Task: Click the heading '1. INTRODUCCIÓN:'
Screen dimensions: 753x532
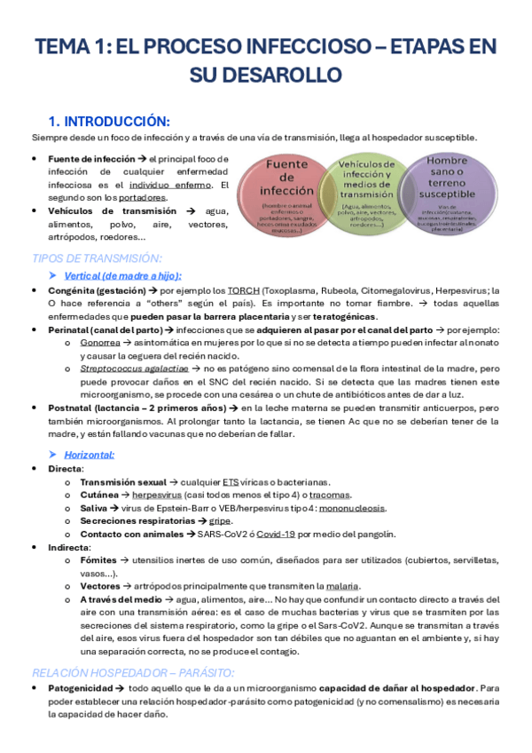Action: coord(109,121)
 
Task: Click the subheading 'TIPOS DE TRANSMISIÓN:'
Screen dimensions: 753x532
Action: coord(97,258)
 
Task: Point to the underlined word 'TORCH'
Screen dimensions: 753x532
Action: coord(239,290)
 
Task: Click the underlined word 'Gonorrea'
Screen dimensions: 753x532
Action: coord(100,341)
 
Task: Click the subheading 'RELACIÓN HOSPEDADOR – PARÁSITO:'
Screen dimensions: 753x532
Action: coord(132,673)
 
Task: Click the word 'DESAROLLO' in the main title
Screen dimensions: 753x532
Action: coord(265,72)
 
